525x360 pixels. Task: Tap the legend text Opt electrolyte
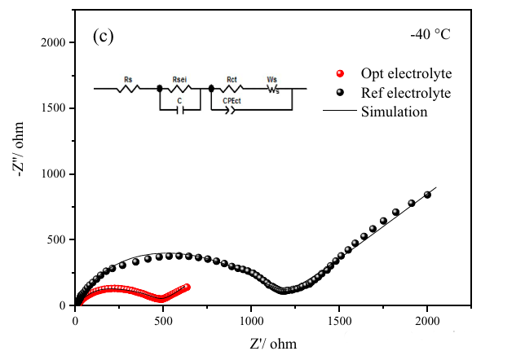coord(406,73)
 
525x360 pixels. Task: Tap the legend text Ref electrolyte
coord(406,93)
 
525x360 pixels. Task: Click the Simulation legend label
coord(394,112)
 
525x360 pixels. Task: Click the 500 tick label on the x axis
coord(163,320)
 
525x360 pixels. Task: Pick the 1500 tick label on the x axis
coord(339,320)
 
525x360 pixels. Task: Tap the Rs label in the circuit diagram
coord(128,79)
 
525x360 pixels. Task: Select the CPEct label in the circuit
coord(233,99)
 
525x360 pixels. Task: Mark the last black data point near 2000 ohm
coord(427,195)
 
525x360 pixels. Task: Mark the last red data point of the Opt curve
coord(187,287)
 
